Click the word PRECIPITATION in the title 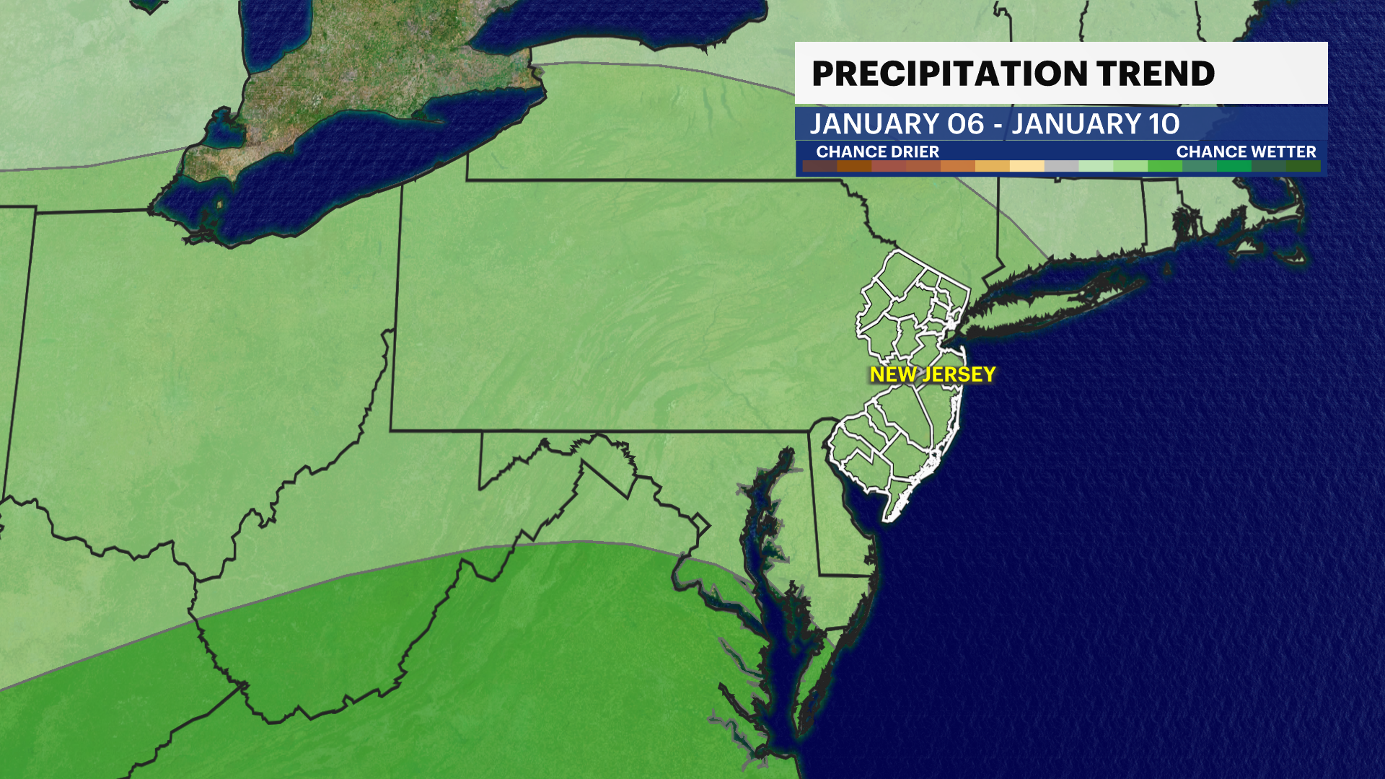[x=949, y=74]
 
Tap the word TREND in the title [x=1156, y=74]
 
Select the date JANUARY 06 [x=897, y=124]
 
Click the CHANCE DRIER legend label [x=877, y=151]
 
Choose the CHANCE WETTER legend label [x=1246, y=151]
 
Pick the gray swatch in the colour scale [x=1061, y=167]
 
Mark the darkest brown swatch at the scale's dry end [x=819, y=167]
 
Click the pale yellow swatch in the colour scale [x=1026, y=167]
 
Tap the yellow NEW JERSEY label [x=932, y=374]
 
